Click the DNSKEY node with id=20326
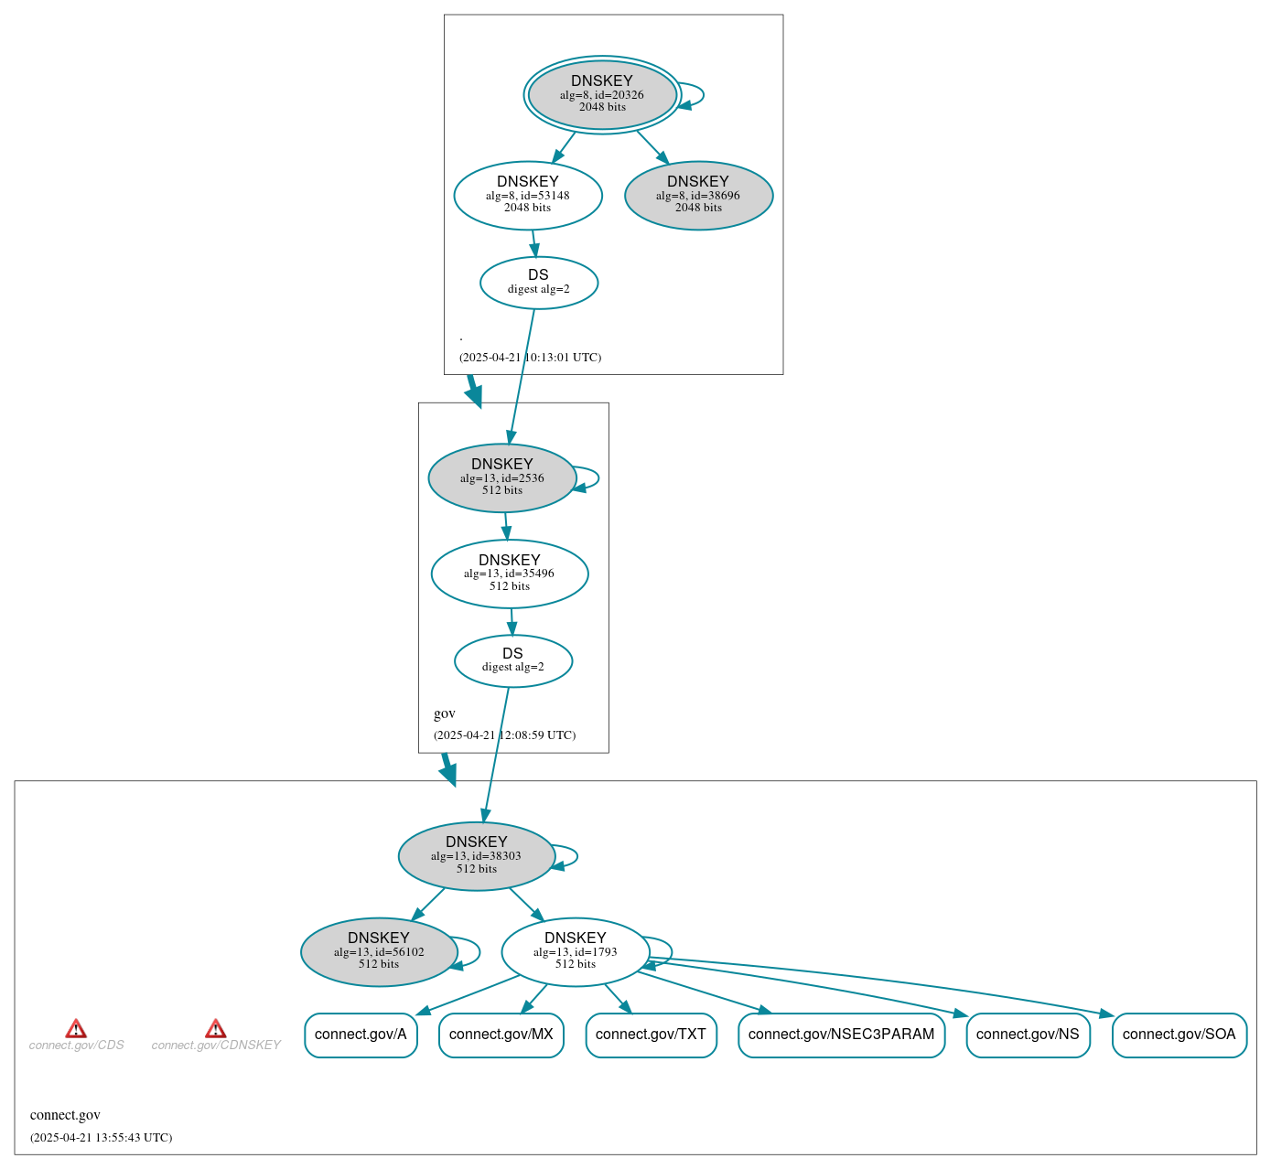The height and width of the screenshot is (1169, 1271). [602, 94]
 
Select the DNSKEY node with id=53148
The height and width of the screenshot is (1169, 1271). [528, 195]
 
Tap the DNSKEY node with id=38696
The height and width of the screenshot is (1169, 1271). [698, 195]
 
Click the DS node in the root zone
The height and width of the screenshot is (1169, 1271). [539, 283]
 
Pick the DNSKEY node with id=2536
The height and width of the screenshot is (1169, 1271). [502, 477]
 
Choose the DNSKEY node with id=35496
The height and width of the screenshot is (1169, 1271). [510, 574]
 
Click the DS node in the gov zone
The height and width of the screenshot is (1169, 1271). [513, 660]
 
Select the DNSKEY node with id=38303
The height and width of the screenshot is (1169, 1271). [477, 855]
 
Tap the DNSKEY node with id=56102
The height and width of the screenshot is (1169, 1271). [379, 951]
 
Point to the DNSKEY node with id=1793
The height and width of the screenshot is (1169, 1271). [576, 951]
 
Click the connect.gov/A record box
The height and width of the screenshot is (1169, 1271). [361, 1035]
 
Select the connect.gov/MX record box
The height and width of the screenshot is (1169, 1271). [501, 1035]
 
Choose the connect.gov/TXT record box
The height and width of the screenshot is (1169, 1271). [651, 1035]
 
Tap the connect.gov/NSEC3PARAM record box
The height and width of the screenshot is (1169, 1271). [841, 1035]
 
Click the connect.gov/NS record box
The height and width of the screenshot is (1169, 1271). [1028, 1035]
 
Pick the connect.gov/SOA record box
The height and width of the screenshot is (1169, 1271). [1179, 1035]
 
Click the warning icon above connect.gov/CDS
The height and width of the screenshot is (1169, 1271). [76, 1028]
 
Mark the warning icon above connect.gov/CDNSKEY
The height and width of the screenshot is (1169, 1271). [216, 1028]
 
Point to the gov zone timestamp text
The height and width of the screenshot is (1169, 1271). [504, 735]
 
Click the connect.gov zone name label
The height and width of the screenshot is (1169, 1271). [65, 1115]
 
